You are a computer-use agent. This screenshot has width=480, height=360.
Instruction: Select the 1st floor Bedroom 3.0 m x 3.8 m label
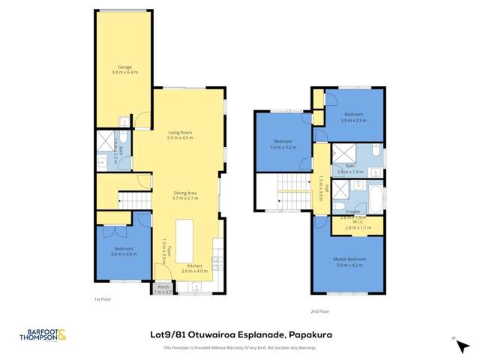pos(124,251)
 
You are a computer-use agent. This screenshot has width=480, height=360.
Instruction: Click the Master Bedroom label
pos(347,262)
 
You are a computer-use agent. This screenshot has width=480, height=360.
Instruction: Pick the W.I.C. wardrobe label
pos(358,224)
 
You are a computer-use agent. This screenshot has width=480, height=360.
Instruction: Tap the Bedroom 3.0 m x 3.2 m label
pos(283,143)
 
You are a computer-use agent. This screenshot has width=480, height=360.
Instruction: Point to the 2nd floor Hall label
pos(320,184)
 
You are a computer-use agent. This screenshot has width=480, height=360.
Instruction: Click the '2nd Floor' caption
pos(319,310)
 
